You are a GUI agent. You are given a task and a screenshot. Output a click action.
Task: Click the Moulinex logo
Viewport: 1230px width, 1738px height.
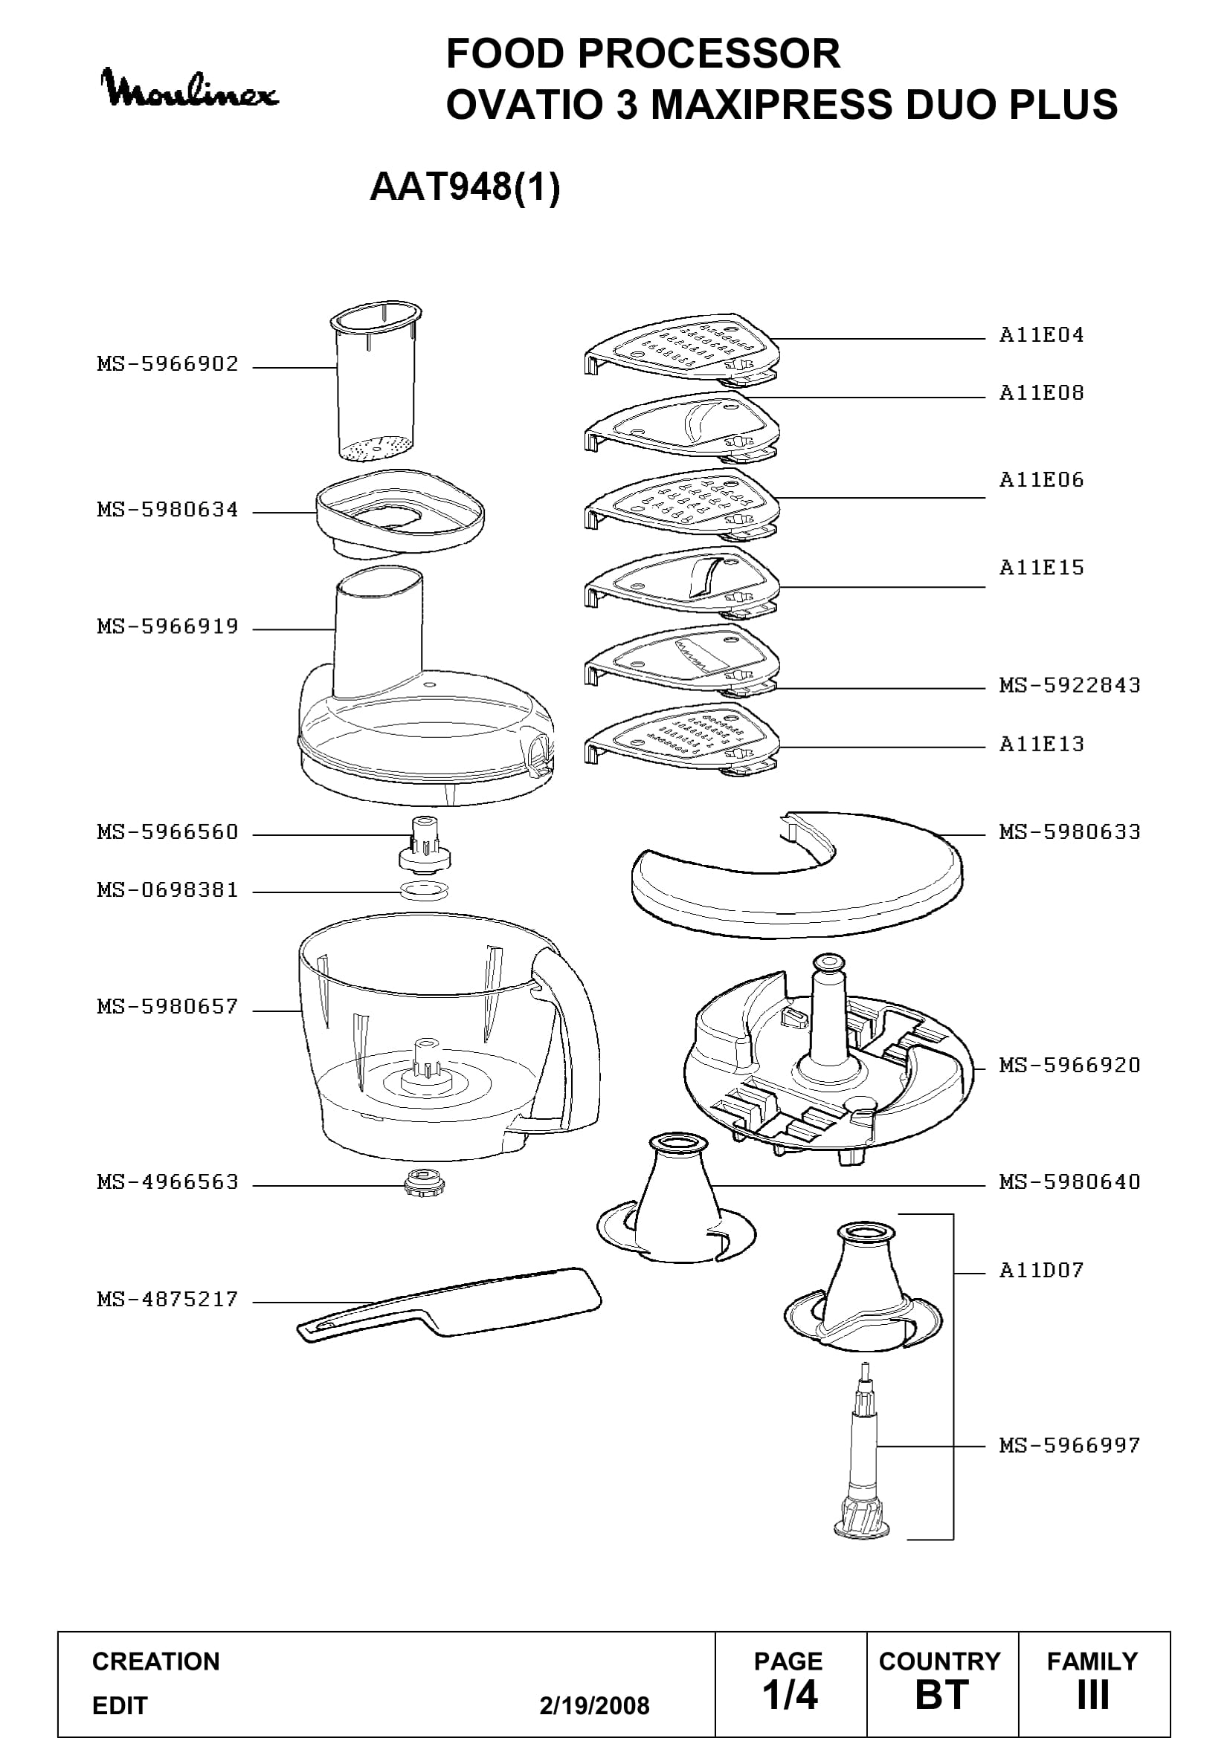(190, 88)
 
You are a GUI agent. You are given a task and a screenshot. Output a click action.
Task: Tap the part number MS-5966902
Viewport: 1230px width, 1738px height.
(168, 364)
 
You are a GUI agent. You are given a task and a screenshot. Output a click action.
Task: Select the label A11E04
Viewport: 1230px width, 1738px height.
(1041, 334)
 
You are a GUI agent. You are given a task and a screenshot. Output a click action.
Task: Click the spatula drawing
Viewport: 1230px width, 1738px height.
(449, 1305)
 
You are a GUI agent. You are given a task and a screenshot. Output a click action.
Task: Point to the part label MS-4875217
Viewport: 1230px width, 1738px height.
(168, 1300)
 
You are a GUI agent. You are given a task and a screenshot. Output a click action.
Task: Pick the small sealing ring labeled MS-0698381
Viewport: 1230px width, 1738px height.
(424, 890)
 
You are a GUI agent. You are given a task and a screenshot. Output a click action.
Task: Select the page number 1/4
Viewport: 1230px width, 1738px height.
(790, 1694)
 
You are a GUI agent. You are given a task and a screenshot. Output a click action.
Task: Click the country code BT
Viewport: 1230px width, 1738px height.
(941, 1694)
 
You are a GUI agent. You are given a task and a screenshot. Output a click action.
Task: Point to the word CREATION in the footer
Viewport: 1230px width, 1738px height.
(156, 1661)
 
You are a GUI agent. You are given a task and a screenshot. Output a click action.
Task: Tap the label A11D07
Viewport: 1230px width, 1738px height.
(1041, 1269)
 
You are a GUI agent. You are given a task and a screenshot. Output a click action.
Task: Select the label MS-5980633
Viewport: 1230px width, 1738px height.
(1069, 832)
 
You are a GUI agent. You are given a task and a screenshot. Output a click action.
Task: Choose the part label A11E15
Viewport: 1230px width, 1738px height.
(1041, 568)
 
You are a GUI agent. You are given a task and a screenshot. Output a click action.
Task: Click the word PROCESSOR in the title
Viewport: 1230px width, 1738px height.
(709, 53)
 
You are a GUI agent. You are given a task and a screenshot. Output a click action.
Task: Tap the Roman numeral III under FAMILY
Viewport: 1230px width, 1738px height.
(1092, 1694)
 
